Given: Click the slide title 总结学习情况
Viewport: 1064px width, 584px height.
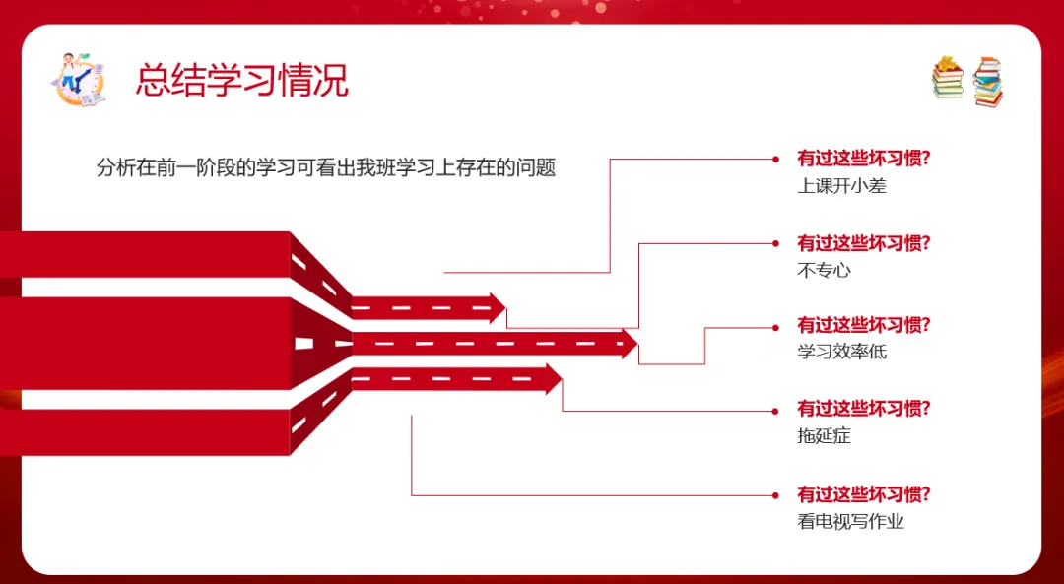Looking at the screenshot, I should pos(242,81).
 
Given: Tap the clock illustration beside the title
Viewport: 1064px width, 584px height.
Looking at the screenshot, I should pos(78,79).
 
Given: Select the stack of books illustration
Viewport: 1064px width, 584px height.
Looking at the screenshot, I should pos(967,81).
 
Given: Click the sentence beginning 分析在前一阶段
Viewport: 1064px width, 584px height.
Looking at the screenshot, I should pos(326,167).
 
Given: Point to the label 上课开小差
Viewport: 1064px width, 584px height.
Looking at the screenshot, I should pos(841,185).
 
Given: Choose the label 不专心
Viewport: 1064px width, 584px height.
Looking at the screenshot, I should pos(823,270).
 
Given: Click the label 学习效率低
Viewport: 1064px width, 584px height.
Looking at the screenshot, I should pos(841,351).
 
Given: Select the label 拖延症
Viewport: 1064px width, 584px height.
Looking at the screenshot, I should pos(823,435).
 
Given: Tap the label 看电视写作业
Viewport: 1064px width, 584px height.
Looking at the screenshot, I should pos(850,521).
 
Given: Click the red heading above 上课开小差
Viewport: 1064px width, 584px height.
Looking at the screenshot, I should pos(864,159).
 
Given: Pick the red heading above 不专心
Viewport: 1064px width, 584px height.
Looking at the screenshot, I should pos(864,243).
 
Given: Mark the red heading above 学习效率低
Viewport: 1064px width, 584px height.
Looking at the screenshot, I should pos(864,324).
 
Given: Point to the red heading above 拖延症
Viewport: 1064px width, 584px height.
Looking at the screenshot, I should pos(864,408).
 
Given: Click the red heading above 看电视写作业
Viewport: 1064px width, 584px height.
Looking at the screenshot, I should pos(864,494).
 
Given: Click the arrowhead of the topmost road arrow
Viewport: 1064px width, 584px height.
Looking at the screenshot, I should pos(497,308).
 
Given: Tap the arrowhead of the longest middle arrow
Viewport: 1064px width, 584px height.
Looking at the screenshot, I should pos(629,344).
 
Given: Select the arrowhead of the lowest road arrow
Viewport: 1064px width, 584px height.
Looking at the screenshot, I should pos(553,379).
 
